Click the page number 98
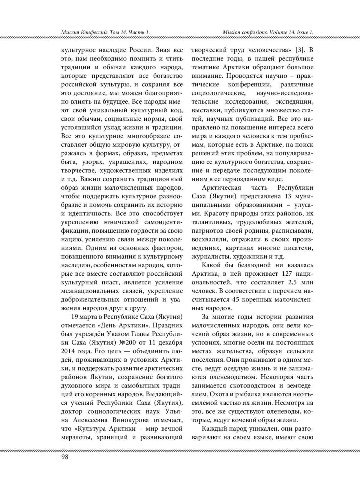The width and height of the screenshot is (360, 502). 65,456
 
